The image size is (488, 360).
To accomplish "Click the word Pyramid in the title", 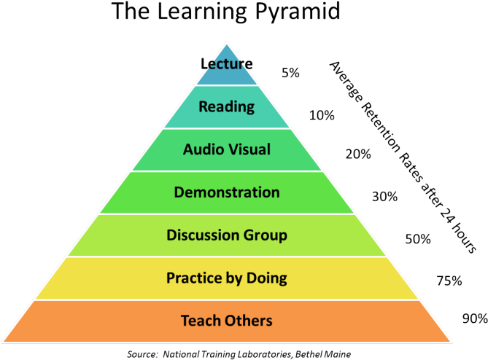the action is click(x=298, y=12).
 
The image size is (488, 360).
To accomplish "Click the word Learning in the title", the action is click(x=201, y=12).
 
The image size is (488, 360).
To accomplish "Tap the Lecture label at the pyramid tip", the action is click(x=227, y=63).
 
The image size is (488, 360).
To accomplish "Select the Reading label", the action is click(x=227, y=107).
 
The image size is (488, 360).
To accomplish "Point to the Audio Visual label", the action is click(x=227, y=149).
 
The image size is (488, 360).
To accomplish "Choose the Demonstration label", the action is click(x=227, y=192).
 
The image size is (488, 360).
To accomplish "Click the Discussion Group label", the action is click(x=227, y=235).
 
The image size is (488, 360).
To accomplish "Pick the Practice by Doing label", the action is click(x=227, y=278).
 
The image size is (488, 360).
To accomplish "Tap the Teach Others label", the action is click(x=227, y=321).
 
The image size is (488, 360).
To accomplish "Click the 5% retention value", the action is click(x=290, y=73).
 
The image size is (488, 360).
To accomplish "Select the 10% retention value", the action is click(x=322, y=115).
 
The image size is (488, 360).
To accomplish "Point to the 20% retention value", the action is click(x=358, y=154).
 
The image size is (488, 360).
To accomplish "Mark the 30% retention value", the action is click(x=384, y=197).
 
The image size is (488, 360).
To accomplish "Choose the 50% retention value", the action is click(x=418, y=239).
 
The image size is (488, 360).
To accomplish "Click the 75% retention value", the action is click(x=449, y=281).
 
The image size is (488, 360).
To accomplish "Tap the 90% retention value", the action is click(x=476, y=318).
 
